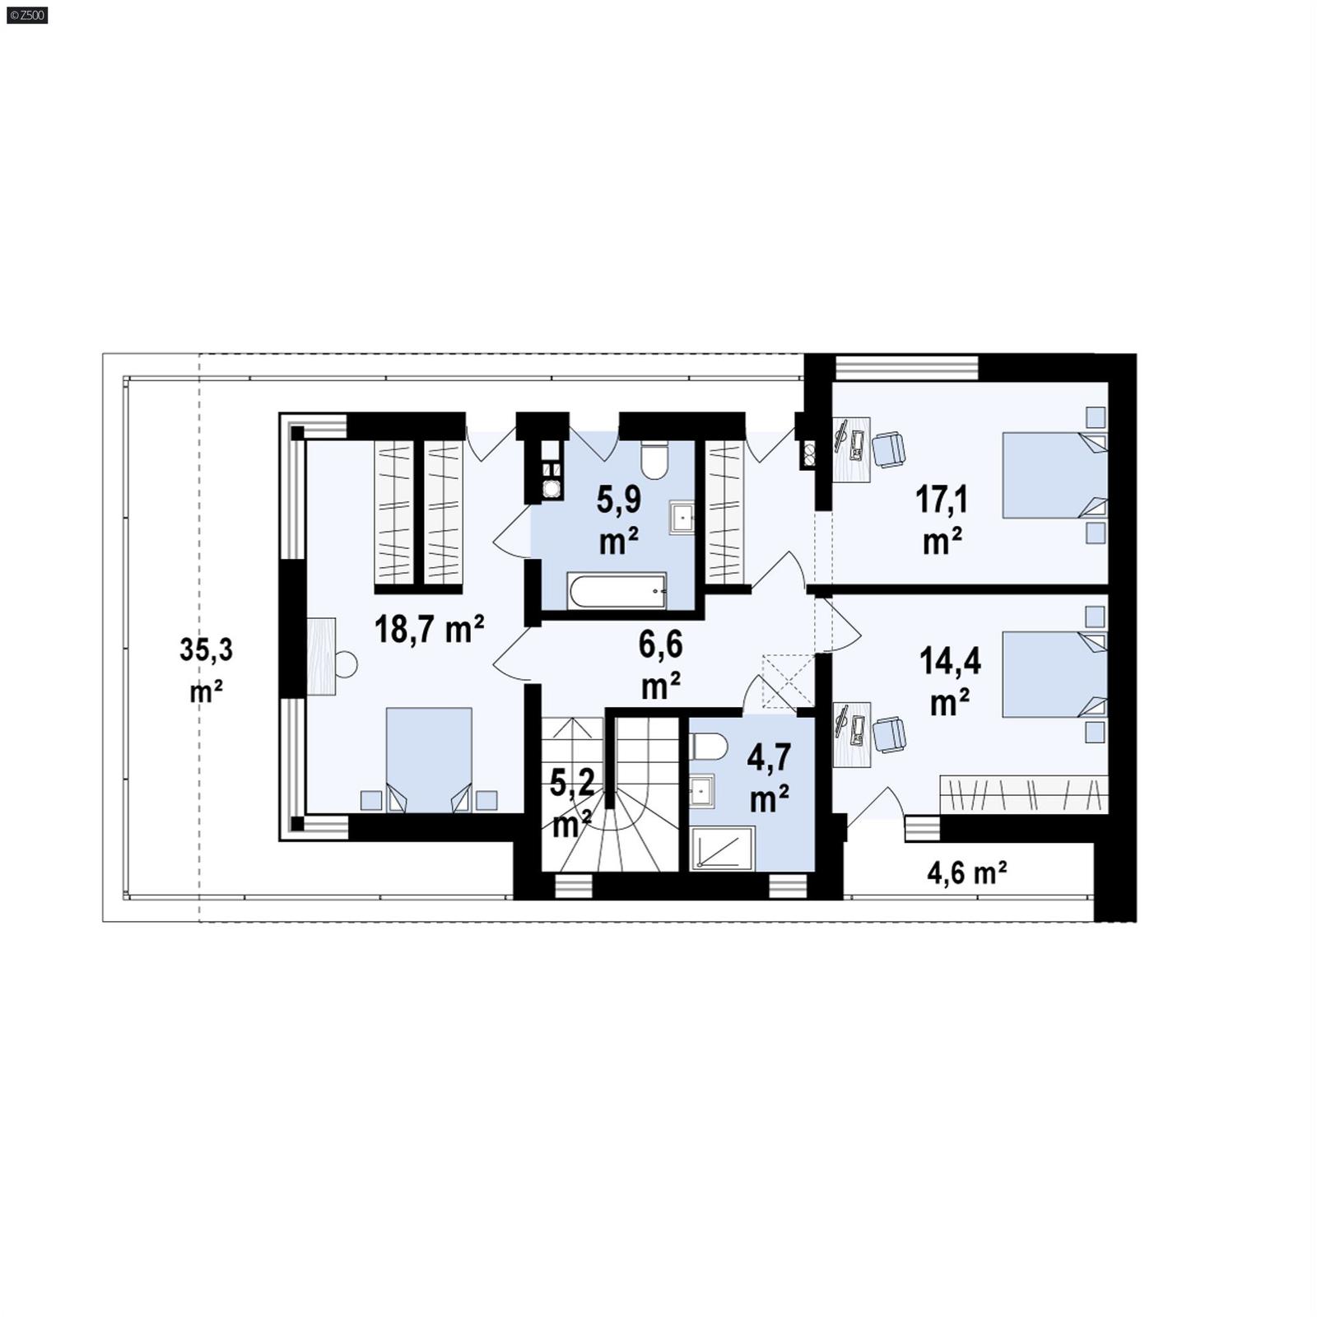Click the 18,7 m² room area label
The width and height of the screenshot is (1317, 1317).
click(x=429, y=630)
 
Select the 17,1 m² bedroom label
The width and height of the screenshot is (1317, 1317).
click(x=942, y=519)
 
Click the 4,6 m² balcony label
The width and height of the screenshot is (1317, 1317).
click(x=967, y=873)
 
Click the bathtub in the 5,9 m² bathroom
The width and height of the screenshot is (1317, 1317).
click(x=617, y=591)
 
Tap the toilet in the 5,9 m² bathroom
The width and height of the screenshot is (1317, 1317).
click(x=656, y=462)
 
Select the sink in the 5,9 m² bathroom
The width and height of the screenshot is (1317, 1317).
click(x=682, y=518)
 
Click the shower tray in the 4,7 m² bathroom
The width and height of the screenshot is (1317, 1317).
click(x=722, y=849)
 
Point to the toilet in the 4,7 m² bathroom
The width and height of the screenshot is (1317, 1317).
click(x=709, y=747)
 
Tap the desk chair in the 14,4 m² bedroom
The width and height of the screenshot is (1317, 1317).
click(x=889, y=734)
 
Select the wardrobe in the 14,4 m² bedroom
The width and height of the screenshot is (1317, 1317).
click(x=1024, y=795)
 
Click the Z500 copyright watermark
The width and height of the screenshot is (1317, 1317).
click(x=26, y=15)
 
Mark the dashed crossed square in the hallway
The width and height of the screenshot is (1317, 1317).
click(x=788, y=681)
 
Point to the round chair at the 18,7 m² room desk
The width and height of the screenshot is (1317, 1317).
click(x=346, y=664)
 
